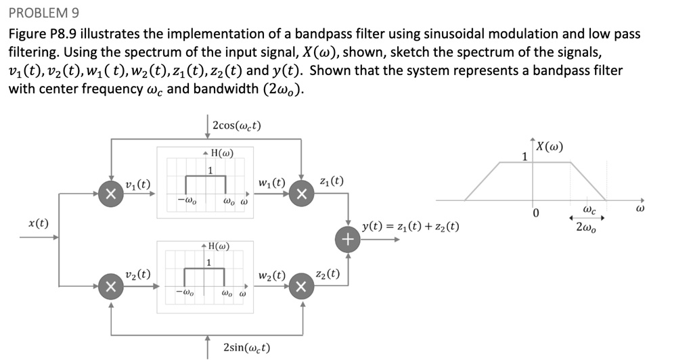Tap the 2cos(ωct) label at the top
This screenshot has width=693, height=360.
click(x=236, y=125)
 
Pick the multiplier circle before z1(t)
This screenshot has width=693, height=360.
click(x=301, y=194)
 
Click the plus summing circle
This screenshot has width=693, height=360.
click(x=347, y=239)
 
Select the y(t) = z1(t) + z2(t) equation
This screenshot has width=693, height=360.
click(x=411, y=227)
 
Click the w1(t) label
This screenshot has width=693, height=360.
click(x=271, y=183)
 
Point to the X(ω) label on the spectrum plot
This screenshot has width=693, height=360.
click(x=550, y=147)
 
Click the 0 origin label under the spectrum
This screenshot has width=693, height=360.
click(x=535, y=214)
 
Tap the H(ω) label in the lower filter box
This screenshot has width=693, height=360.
click(x=218, y=246)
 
